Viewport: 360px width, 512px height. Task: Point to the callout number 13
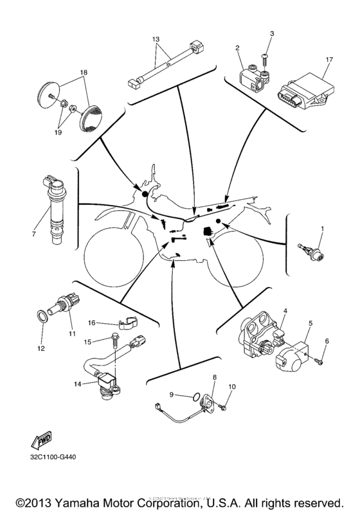155,39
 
